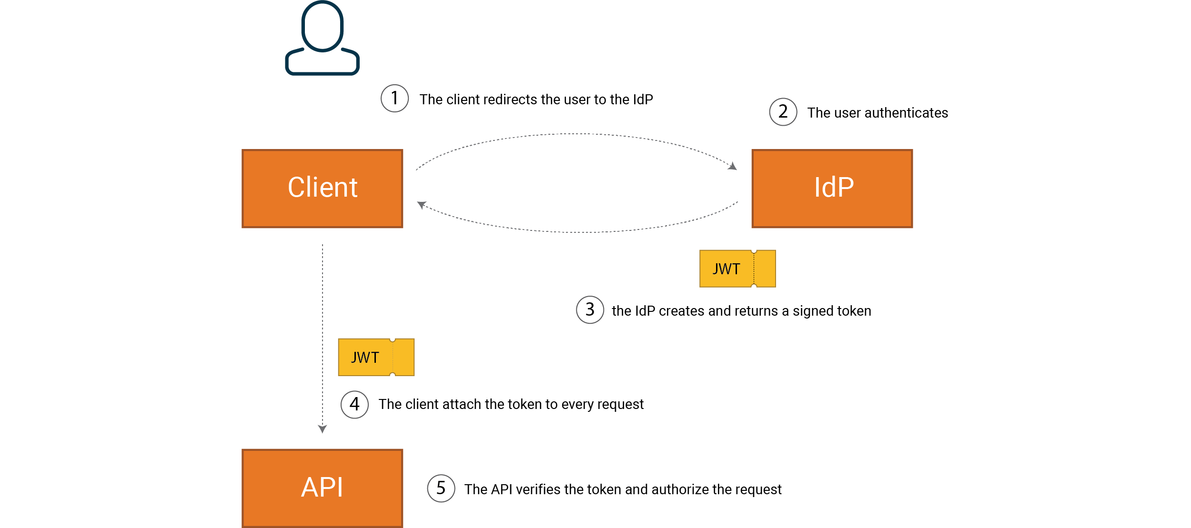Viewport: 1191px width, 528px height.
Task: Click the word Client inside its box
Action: [323, 187]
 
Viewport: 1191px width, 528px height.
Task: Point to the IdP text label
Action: [834, 187]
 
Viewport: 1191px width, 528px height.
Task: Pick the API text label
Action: [322, 487]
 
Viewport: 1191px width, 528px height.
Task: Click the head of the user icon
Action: [323, 26]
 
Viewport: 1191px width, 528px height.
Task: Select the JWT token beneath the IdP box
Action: [737, 269]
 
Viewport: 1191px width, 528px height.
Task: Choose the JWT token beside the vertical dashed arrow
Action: [376, 357]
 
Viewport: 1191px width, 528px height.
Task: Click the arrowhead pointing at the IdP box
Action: [733, 166]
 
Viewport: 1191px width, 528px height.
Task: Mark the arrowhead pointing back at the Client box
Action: [421, 205]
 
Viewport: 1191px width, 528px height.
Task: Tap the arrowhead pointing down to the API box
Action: [323, 429]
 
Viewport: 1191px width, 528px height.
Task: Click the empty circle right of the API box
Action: [441, 488]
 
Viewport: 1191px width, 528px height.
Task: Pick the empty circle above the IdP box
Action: [783, 112]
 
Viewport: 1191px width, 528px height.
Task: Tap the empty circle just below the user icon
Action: [394, 99]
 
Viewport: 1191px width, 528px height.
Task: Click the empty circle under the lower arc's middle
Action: [590, 310]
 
